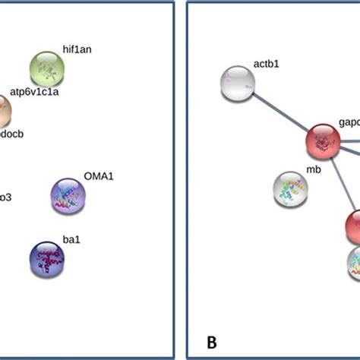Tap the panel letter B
(x=212, y=343)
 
